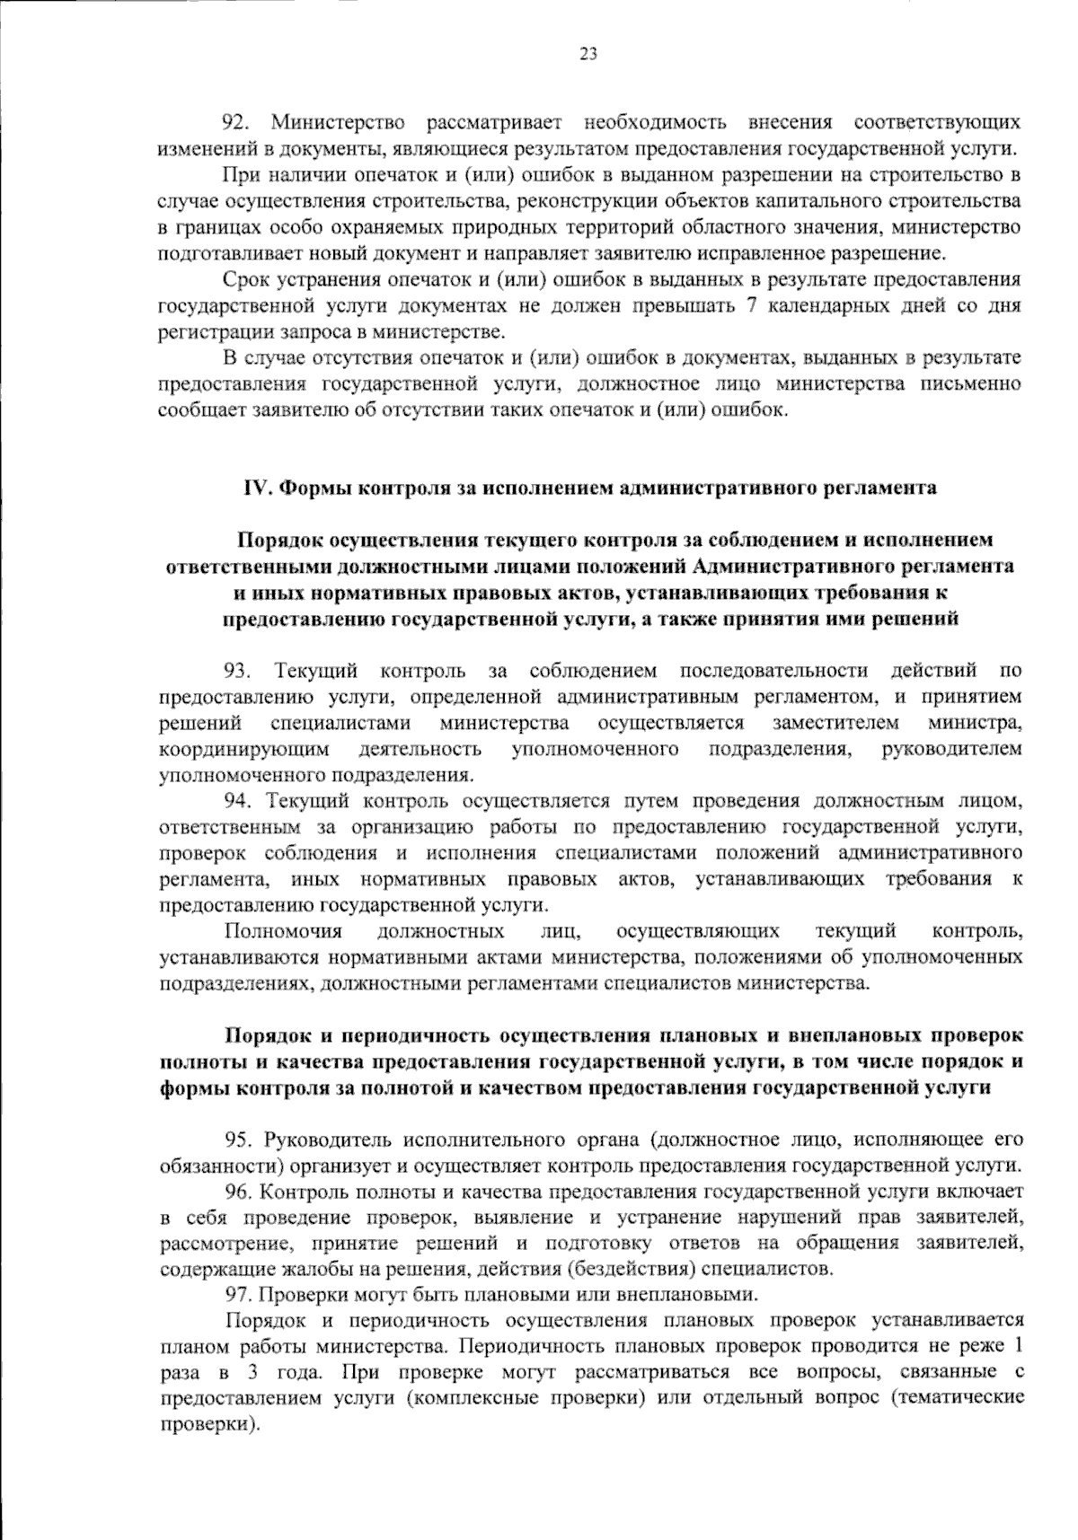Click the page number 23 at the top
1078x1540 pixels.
point(588,54)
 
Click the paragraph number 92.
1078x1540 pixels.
point(238,121)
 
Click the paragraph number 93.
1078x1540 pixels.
point(238,671)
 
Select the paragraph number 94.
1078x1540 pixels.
point(238,800)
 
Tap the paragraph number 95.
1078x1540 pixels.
point(238,1140)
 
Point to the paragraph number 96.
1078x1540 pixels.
point(238,1192)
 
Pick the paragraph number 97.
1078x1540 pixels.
point(238,1295)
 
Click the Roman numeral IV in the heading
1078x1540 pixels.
point(258,488)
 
